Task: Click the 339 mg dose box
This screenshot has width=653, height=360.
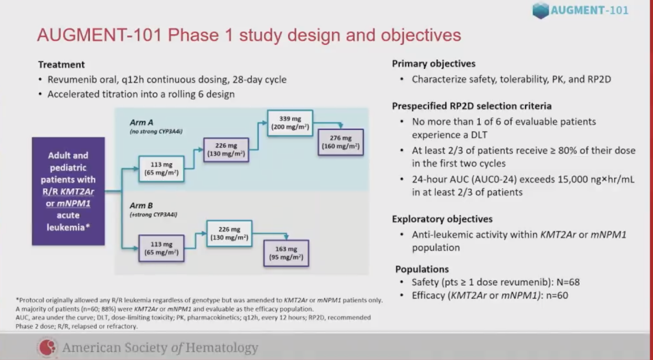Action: (290, 123)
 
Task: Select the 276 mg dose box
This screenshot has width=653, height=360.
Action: (340, 142)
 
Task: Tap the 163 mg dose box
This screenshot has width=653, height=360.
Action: (286, 253)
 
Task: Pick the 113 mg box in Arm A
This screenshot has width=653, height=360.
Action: (161, 169)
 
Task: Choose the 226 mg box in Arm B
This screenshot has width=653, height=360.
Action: (229, 233)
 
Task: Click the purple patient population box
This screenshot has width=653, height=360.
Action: (68, 191)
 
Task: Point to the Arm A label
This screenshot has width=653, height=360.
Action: (141, 122)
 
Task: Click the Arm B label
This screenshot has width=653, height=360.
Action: (141, 206)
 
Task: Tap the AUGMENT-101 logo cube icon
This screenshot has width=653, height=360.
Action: (540, 11)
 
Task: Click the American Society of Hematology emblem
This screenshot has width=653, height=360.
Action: (48, 347)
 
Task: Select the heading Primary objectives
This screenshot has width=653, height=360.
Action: (433, 64)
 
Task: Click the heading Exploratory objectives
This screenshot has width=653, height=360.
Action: (442, 219)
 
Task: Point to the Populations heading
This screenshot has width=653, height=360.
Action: (422, 269)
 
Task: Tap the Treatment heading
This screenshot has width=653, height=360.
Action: (61, 64)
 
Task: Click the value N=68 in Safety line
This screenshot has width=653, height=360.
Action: (568, 282)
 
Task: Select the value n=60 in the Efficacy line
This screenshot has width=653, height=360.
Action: (557, 296)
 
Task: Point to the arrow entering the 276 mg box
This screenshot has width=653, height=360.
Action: (340, 125)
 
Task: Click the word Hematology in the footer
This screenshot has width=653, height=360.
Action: (222, 347)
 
